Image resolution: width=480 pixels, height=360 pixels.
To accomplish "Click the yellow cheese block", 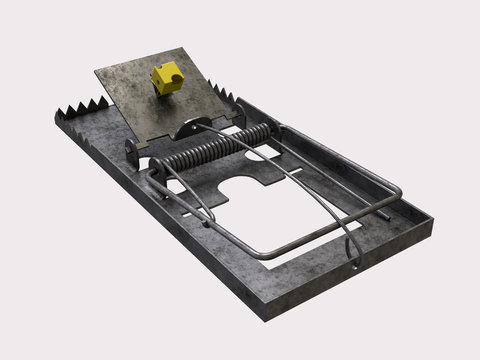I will click(x=165, y=77).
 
